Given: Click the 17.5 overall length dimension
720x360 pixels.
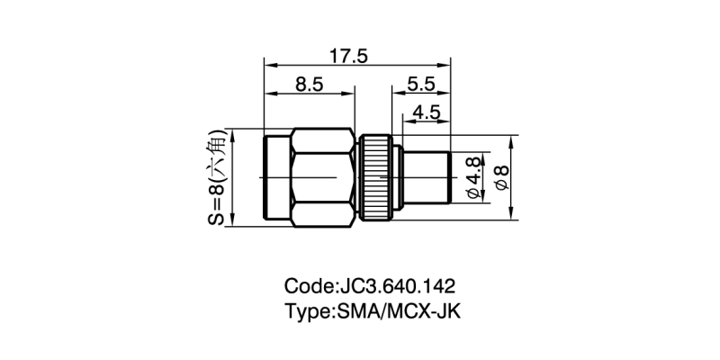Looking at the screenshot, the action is click(x=348, y=56).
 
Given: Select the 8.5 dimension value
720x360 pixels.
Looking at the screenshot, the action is click(x=310, y=85).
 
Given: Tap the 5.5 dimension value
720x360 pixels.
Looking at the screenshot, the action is click(x=420, y=84).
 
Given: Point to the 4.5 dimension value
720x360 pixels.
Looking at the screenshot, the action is click(x=426, y=112).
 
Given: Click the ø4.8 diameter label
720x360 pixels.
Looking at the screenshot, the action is click(x=474, y=177).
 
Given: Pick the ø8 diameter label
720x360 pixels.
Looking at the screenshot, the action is click(x=502, y=177).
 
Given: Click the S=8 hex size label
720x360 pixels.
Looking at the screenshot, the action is click(x=218, y=177).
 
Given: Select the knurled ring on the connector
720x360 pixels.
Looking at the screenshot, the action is click(x=376, y=177).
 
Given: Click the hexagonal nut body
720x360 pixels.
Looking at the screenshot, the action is click(x=323, y=177).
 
